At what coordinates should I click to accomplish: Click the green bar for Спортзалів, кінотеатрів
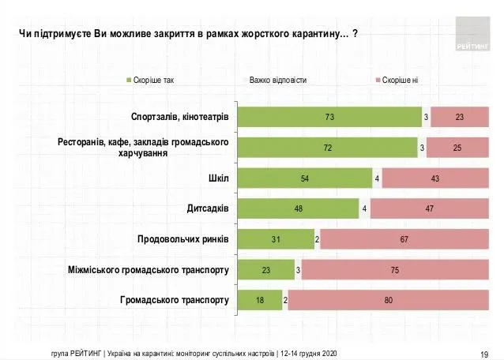329,117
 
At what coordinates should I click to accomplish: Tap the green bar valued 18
260,300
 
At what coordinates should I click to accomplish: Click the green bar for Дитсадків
298,208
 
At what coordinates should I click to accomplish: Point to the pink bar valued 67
404,239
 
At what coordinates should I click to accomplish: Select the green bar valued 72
328,148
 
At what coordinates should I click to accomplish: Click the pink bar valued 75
395,270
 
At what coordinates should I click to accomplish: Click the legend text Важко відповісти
278,81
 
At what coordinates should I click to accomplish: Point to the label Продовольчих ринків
183,239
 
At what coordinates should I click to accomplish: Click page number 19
485,352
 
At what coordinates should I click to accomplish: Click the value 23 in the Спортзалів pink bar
459,117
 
